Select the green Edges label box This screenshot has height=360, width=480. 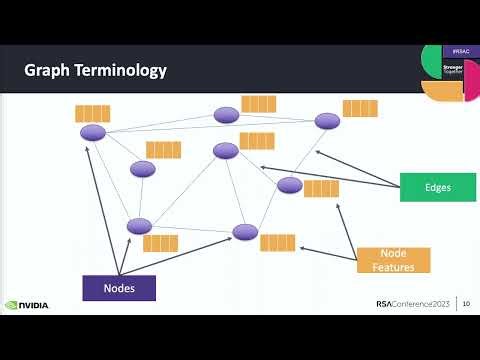pyautogui.click(x=438, y=187)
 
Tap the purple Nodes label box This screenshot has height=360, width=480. pyautogui.click(x=119, y=288)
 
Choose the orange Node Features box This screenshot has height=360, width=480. pyautogui.click(x=394, y=260)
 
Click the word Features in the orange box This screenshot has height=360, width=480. pyautogui.click(x=394, y=267)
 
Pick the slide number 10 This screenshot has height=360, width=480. pyautogui.click(x=466, y=305)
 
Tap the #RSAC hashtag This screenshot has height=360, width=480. pyautogui.click(x=461, y=49)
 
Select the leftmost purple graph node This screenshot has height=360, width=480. pyautogui.click(x=93, y=133)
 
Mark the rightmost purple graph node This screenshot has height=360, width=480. pyautogui.click(x=327, y=121)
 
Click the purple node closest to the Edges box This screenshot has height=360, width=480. pyautogui.click(x=290, y=185)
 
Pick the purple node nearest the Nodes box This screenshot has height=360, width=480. pyautogui.click(x=139, y=226)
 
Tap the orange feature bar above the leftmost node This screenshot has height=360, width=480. pyautogui.click(x=93, y=113)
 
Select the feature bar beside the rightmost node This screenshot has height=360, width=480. pyautogui.click(x=359, y=108)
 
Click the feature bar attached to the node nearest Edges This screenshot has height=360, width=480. pyautogui.click(x=321, y=188)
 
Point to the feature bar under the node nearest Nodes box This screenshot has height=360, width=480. pyautogui.click(x=160, y=242)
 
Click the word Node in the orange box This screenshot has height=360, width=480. pyautogui.click(x=394, y=253)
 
